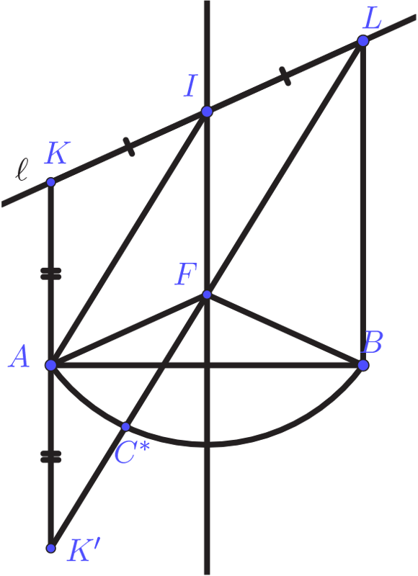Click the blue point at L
coord(363,41)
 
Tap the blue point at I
coord(207,112)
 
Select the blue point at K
coord(50,182)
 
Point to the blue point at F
coord(207,294)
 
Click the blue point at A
coord(50,365)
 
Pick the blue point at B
coord(363,365)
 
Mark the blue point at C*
coord(125,426)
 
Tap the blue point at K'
coord(51,548)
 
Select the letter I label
coord(191,86)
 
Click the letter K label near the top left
coord(55,153)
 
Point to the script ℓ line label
coord(22,170)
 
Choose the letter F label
coord(186,274)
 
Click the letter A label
coord(19,357)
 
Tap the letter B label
coord(373,343)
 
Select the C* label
coord(133,453)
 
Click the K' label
coord(83,550)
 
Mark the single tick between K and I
coord(129,147)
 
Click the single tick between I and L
coord(285,76)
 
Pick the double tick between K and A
coord(50,274)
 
